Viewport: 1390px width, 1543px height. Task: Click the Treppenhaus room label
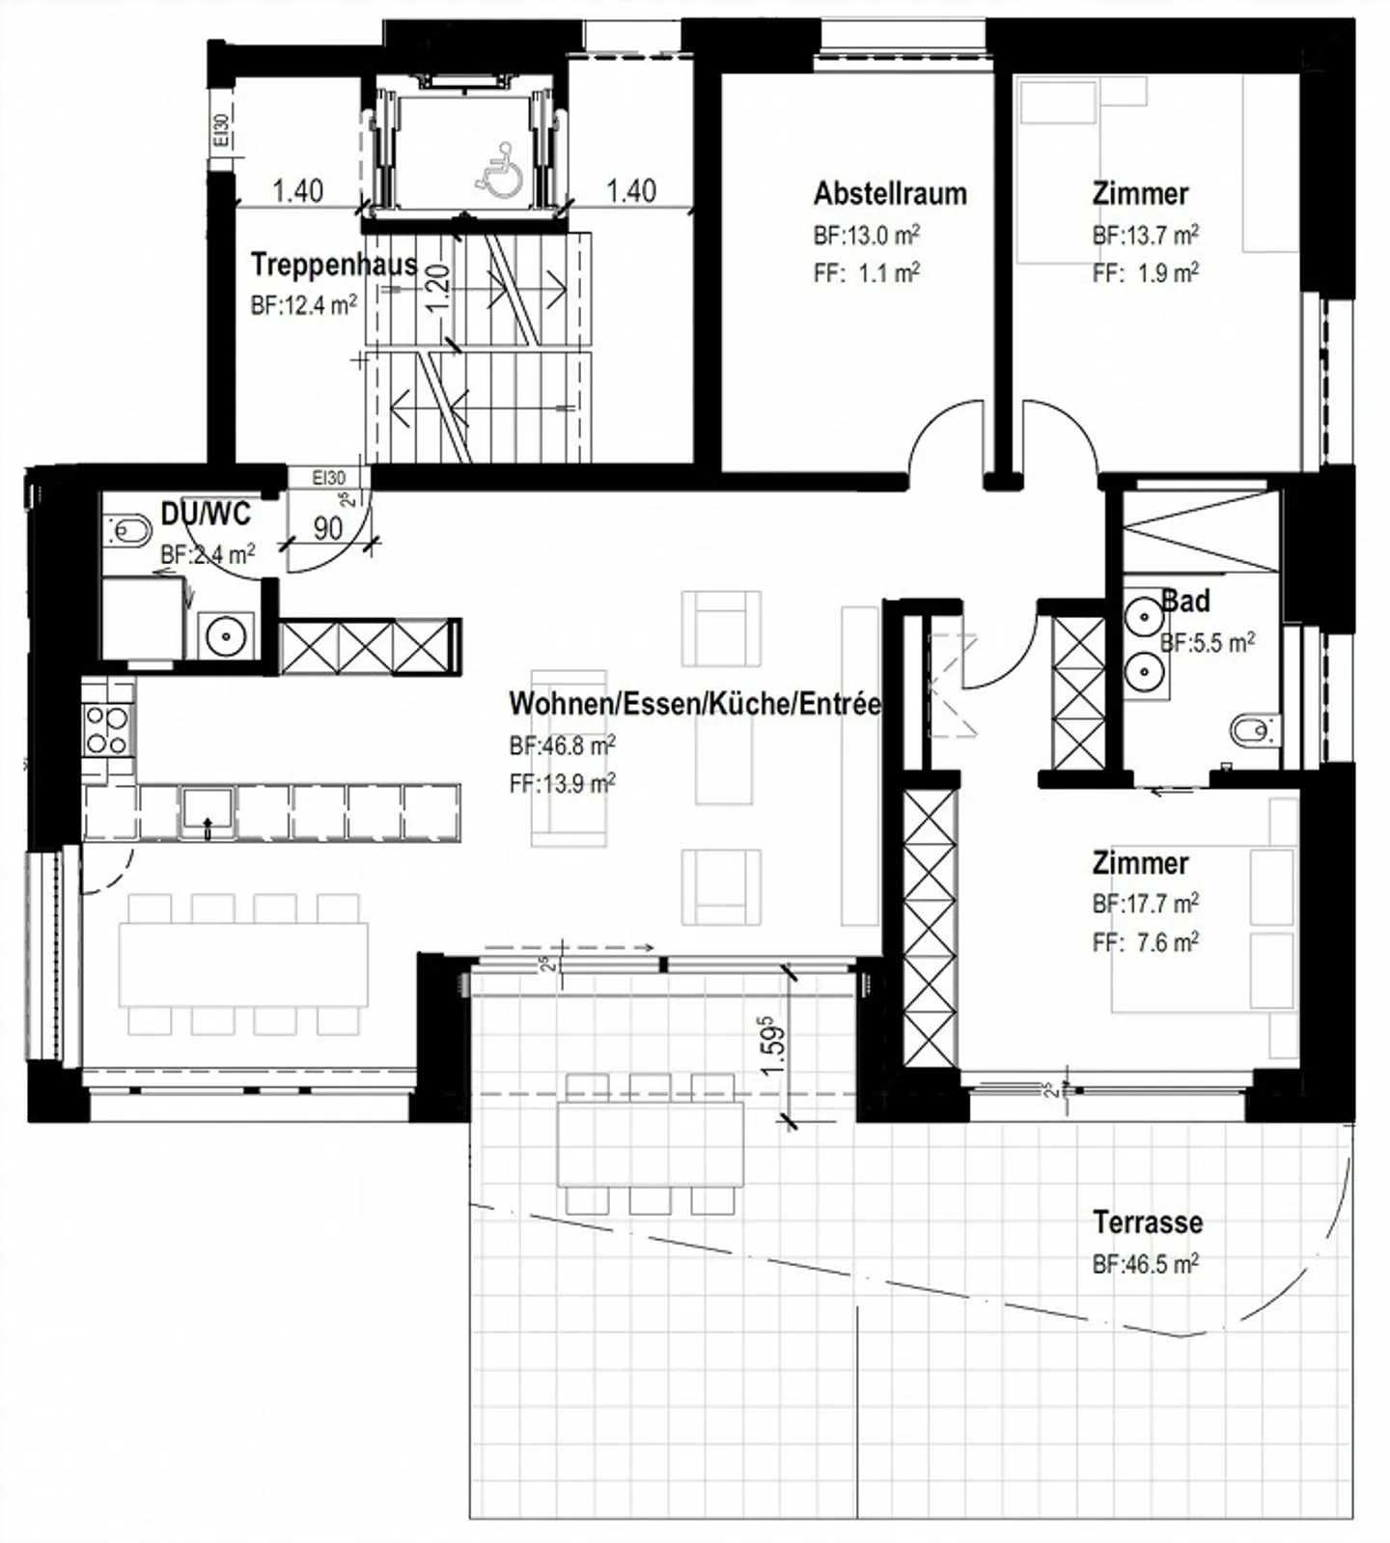(x=334, y=265)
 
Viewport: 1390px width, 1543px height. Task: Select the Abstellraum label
(x=890, y=193)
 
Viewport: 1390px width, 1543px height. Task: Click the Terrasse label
(x=1148, y=1222)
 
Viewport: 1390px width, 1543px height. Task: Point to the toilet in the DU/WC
(x=129, y=529)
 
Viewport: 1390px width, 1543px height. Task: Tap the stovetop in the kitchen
(x=107, y=730)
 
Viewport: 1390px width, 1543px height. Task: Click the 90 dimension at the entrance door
(x=328, y=528)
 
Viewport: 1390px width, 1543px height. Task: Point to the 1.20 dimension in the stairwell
(x=437, y=286)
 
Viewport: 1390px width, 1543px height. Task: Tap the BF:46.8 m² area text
(x=563, y=746)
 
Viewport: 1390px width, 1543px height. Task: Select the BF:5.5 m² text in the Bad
(x=1208, y=642)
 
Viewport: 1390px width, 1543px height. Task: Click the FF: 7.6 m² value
(x=1146, y=942)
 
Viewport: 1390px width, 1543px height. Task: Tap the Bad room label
(x=1185, y=601)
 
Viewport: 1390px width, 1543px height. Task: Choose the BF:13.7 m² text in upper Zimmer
(x=1146, y=235)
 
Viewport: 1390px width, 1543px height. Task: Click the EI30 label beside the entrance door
(x=329, y=478)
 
